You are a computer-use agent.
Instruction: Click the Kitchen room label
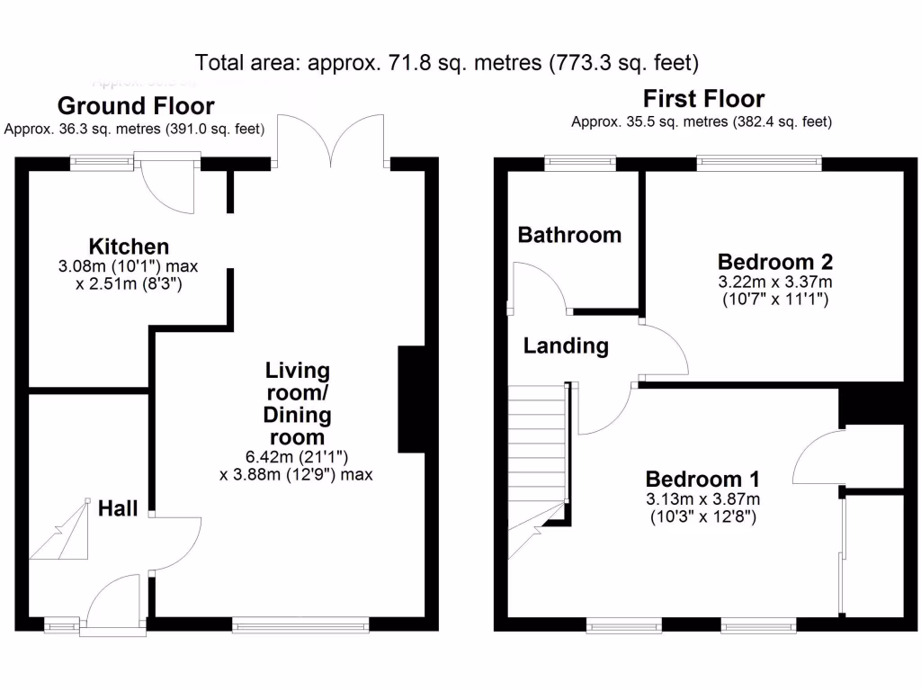point(129,247)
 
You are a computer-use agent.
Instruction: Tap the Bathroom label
point(569,235)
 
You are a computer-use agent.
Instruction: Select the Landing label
point(566,345)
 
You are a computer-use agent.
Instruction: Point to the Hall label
point(119,508)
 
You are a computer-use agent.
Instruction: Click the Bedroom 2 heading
point(774,262)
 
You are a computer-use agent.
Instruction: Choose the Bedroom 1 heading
point(702,479)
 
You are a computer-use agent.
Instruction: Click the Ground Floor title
point(136,106)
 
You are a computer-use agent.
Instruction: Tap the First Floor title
point(703,99)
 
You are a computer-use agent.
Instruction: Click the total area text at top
point(447,63)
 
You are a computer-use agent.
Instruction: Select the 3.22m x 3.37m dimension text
point(774,283)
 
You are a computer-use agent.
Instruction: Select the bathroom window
point(579,163)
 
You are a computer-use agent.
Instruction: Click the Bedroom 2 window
point(759,163)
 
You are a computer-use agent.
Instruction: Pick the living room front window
point(300,624)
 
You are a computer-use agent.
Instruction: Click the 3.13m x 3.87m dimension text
point(702,500)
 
